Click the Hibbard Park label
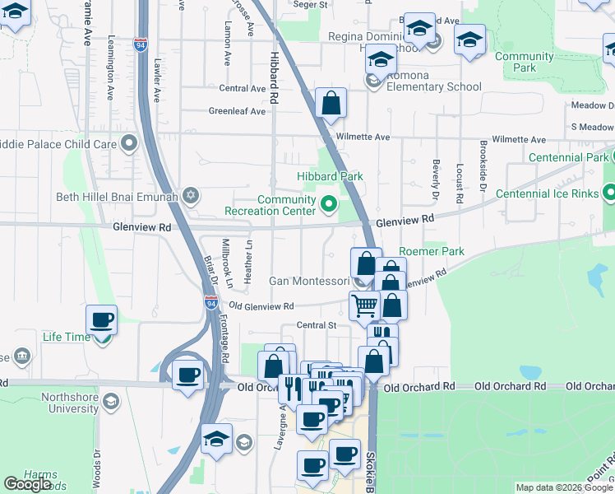(330, 176)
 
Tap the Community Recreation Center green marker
(329, 203)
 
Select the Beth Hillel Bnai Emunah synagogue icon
(191, 195)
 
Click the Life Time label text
(67, 337)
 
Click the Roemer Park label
(431, 251)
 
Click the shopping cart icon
(364, 305)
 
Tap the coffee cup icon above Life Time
(101, 319)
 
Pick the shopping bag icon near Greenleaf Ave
(331, 103)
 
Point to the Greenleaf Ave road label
(237, 111)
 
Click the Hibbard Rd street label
(273, 74)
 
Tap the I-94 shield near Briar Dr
(210, 302)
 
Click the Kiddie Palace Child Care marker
(129, 144)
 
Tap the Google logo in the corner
(28, 484)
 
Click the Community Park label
(524, 62)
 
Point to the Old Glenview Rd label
(261, 306)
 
